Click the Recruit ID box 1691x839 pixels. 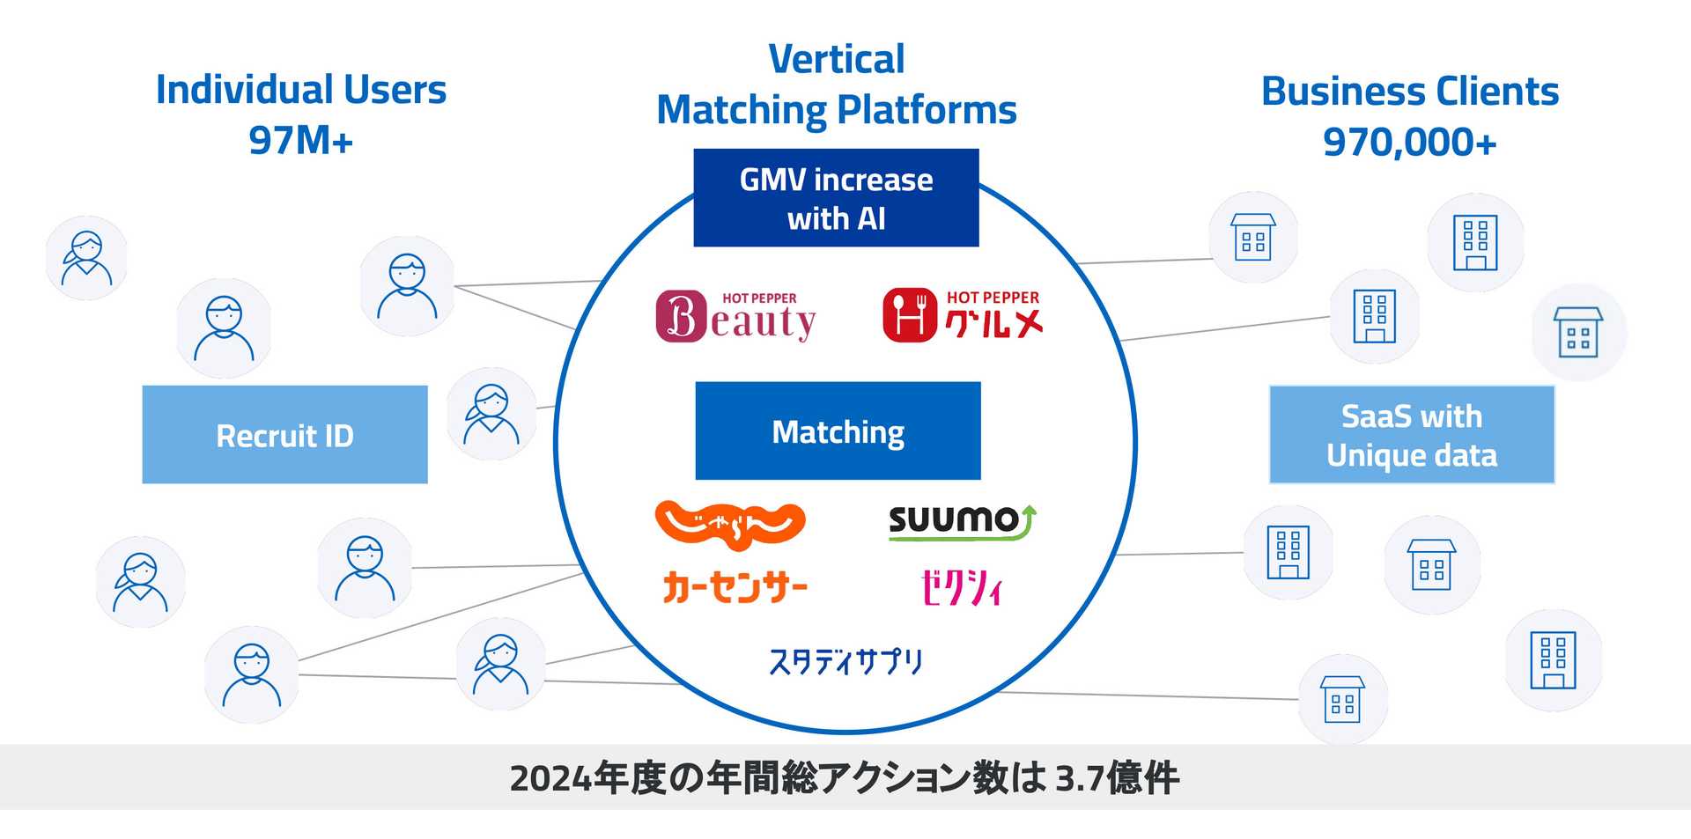(x=284, y=434)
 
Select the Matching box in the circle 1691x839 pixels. (x=838, y=431)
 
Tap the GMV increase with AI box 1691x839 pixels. (x=836, y=198)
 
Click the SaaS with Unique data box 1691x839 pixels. (x=1411, y=435)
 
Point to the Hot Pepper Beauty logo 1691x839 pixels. (x=735, y=317)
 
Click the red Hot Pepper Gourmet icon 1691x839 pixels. (x=909, y=314)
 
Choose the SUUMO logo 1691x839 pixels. (x=961, y=521)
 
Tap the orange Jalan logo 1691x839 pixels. (x=730, y=521)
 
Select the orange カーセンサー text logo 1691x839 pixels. (x=735, y=587)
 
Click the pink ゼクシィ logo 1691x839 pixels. (x=961, y=587)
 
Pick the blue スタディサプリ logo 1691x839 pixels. (x=845, y=661)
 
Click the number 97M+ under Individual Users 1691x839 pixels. (x=300, y=140)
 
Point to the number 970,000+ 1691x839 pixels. (x=1409, y=142)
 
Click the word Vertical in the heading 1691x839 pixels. (x=836, y=60)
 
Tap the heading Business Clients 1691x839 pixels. (x=1409, y=92)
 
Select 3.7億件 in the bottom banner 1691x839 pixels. (x=1116, y=778)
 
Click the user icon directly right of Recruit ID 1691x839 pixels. (x=491, y=414)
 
